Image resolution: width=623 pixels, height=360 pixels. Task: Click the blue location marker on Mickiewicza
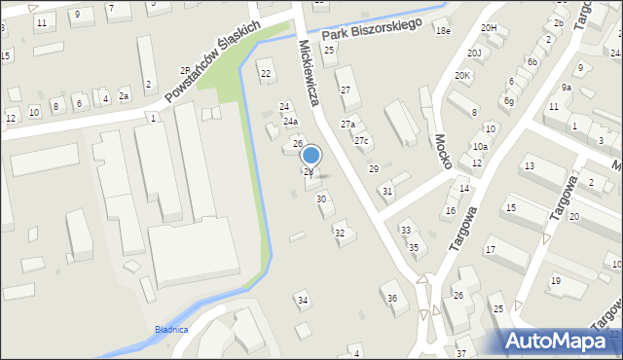click(311, 155)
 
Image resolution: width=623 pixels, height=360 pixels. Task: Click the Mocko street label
click(443, 150)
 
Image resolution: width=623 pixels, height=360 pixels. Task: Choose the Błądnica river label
click(170, 330)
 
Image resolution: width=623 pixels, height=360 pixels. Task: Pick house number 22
click(266, 73)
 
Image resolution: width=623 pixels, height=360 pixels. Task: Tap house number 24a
click(290, 122)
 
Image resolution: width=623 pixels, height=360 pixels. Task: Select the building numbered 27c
click(362, 141)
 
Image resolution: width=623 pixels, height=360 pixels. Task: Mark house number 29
click(373, 169)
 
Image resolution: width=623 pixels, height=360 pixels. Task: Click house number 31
click(387, 191)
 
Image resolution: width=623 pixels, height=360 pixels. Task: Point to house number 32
click(340, 233)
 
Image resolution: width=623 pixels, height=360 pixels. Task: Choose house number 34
click(303, 300)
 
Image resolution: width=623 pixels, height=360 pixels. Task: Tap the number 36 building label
click(391, 298)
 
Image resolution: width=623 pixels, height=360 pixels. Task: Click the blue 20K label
click(461, 76)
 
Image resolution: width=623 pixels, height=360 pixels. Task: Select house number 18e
click(443, 31)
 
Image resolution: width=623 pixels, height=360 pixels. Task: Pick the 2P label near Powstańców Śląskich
click(184, 70)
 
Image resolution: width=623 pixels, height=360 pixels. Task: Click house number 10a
click(480, 146)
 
